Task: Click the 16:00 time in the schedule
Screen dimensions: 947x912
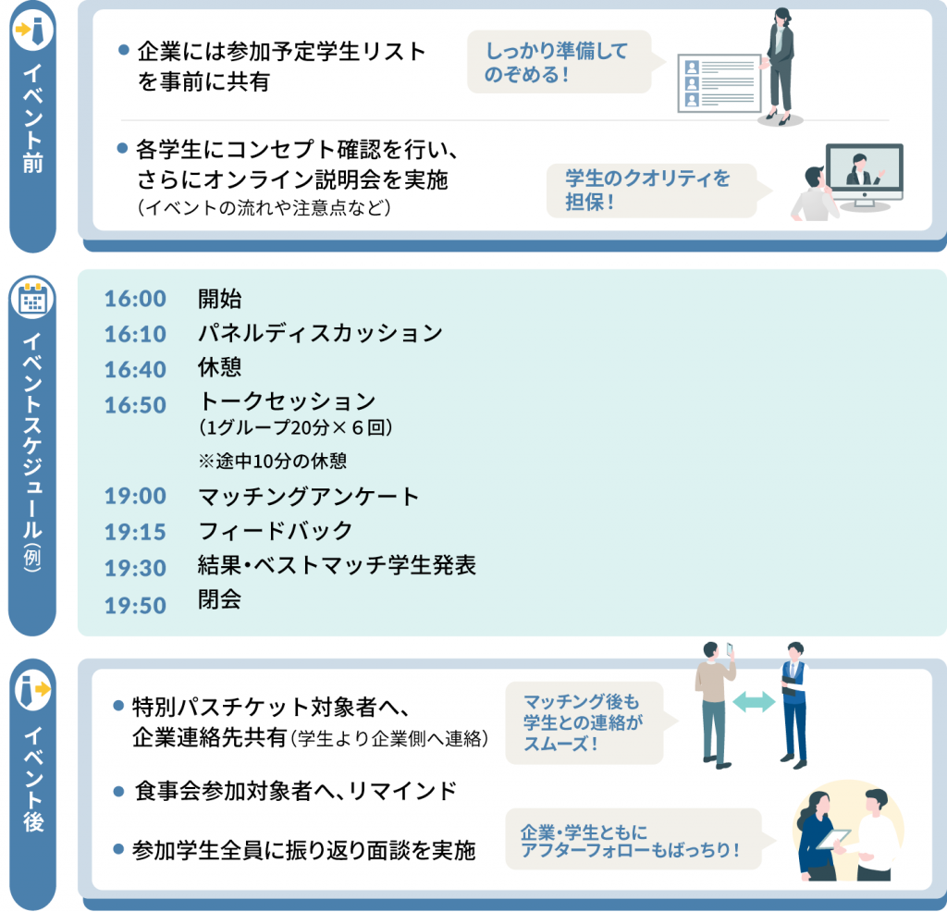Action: pos(135,299)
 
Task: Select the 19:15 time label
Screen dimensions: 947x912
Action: pos(135,532)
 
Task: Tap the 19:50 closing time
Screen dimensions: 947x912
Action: pos(135,605)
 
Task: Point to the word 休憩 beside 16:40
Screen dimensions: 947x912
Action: pos(220,367)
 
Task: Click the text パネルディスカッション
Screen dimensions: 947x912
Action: pos(321,333)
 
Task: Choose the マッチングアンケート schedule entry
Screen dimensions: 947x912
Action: pos(309,497)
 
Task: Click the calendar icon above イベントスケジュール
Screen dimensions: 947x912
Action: pos(32,299)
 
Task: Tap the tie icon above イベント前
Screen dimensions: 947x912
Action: pos(32,30)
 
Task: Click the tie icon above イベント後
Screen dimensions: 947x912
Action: pos(32,689)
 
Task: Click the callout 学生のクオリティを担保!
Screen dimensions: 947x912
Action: pos(658,191)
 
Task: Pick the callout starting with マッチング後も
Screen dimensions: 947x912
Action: pos(591,722)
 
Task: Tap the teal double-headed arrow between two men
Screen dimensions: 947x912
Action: pos(754,702)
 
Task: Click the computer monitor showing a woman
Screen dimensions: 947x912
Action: pos(865,173)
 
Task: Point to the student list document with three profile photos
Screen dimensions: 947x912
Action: pos(719,83)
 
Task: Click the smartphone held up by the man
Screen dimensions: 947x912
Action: pos(731,650)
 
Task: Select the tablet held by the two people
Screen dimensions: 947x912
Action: pos(834,839)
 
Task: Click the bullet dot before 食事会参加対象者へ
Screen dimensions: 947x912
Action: pos(119,791)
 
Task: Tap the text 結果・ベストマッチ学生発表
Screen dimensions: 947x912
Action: pos(337,566)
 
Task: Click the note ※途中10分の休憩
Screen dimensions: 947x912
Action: pos(273,462)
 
